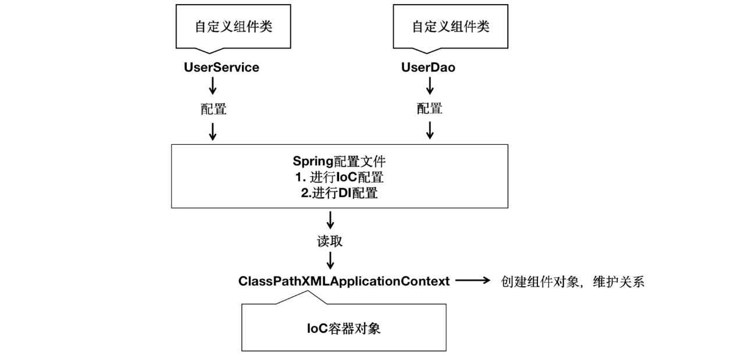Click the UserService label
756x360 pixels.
tap(221, 67)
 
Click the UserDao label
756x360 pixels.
tap(428, 67)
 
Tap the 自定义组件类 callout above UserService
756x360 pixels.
tap(233, 27)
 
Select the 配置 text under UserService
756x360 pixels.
tap(212, 109)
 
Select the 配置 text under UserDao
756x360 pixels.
tap(430, 109)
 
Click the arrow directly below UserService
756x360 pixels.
tap(212, 87)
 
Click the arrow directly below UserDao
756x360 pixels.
tap(430, 87)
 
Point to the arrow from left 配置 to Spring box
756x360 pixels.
tap(212, 131)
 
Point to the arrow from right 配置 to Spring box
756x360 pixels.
tap(430, 131)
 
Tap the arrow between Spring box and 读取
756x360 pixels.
tap(330, 220)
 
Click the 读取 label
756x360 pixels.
tap(330, 241)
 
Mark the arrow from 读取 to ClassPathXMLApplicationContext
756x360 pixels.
tap(330, 260)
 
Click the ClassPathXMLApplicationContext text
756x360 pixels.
tap(344, 281)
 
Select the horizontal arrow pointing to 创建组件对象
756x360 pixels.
tap(473, 281)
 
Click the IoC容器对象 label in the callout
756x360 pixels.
tap(344, 328)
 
